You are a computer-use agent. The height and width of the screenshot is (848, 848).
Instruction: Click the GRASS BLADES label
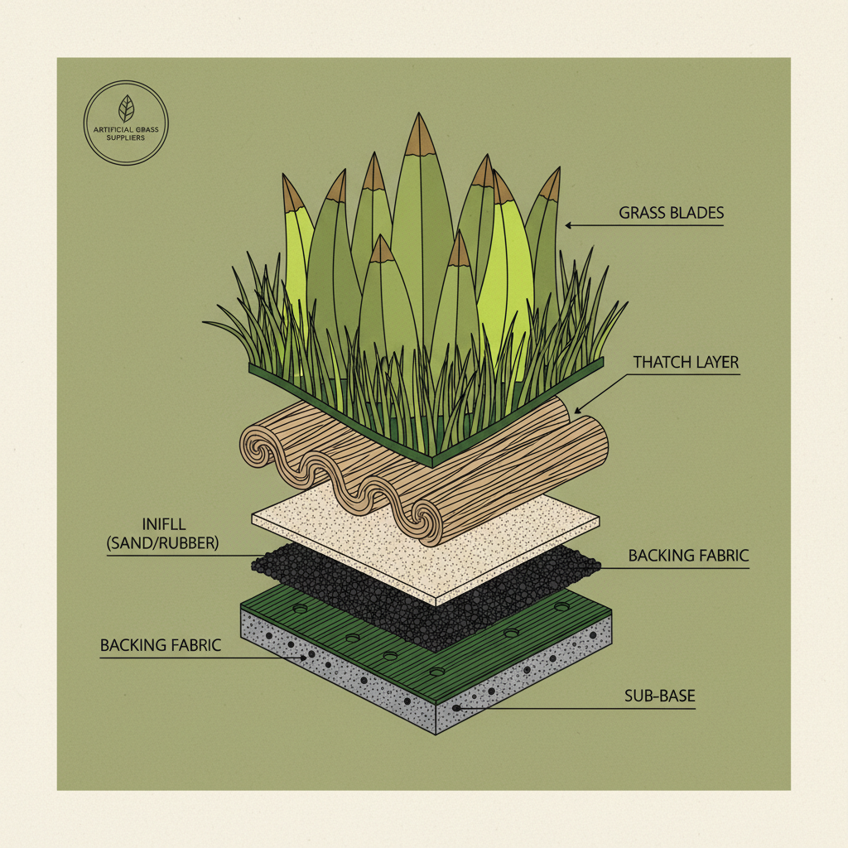[x=671, y=213]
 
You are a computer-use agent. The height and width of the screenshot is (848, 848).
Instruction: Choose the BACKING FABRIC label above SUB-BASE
[x=688, y=555]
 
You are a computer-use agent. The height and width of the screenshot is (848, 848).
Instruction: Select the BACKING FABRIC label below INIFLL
[x=160, y=644]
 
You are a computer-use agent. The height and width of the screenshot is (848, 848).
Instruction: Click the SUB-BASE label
[x=659, y=696]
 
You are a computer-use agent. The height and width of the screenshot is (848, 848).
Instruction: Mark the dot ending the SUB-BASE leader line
[x=456, y=708]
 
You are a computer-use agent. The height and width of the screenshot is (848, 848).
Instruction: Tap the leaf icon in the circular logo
[x=126, y=108]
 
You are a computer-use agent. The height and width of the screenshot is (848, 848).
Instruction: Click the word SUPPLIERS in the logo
[x=126, y=137]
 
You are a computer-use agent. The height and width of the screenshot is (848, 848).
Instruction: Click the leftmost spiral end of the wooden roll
[x=258, y=446]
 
